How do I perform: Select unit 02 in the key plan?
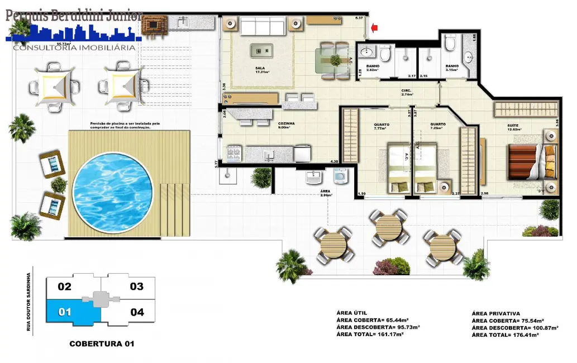click(65, 287)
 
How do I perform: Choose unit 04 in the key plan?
click(137, 312)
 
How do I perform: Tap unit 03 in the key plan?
click(137, 287)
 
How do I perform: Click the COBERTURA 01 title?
click(101, 344)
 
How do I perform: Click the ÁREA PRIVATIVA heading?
click(495, 314)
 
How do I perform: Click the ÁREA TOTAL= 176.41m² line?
click(505, 335)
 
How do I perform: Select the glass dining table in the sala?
click(334, 60)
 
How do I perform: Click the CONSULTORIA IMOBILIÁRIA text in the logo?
click(74, 47)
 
